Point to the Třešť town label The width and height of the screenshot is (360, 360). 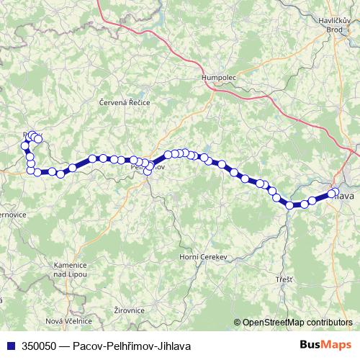pos(284,279)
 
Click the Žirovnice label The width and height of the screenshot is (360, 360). pos(130,310)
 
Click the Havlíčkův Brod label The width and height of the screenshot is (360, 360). pos(336,25)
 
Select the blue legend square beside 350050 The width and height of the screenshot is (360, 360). pos(9,346)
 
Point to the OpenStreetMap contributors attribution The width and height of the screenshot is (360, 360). pos(297,322)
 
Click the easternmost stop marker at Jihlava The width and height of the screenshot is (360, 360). pos(333,193)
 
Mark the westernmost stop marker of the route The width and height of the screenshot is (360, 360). pos(24,145)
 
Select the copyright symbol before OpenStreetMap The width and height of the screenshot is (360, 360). pos(237,322)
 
